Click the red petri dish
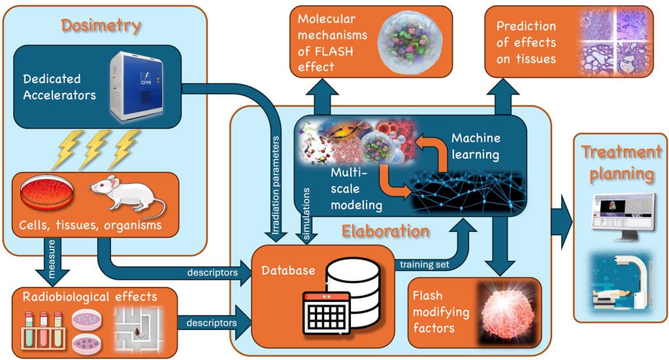pos(46,194)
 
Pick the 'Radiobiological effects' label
pos(90,297)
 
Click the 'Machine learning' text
pos(476,146)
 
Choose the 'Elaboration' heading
pos(385,231)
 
